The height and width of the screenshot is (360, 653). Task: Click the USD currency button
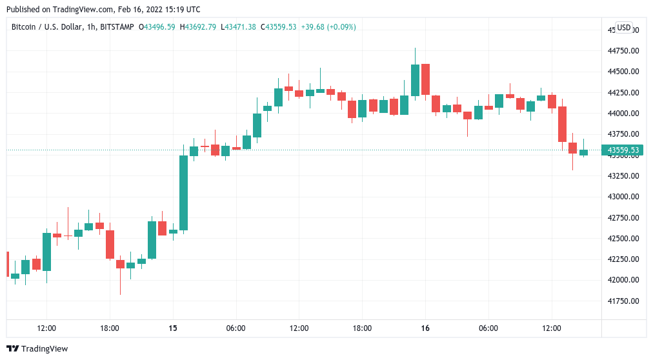623,28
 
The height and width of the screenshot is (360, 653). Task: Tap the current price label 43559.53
623,150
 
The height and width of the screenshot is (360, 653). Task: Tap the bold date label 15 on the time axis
173,328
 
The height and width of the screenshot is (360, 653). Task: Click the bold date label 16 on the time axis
425,328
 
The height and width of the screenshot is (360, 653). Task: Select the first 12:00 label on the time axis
46,328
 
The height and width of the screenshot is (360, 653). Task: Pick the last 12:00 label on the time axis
552,328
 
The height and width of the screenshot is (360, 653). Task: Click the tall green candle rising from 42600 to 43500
183,192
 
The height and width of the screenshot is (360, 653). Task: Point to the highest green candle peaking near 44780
415,80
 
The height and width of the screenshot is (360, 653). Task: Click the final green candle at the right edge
583,152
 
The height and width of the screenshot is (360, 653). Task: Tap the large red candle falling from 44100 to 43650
562,124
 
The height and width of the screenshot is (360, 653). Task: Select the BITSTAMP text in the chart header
119,27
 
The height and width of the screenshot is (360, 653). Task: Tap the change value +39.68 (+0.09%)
328,27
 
